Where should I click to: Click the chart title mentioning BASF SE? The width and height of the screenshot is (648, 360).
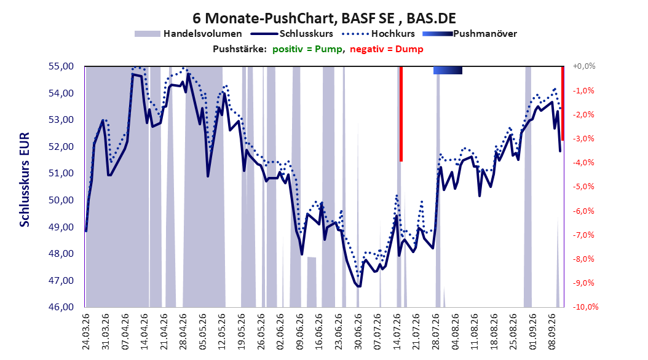point(324,18)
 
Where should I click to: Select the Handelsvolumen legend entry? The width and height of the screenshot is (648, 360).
point(188,34)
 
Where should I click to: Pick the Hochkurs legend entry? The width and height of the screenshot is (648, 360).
point(377,34)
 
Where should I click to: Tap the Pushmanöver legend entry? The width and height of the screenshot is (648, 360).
point(470,34)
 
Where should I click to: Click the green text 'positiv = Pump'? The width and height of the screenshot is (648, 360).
point(307,49)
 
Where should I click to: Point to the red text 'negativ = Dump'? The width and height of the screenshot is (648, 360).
point(387,49)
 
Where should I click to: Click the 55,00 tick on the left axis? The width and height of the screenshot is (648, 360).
point(61,66)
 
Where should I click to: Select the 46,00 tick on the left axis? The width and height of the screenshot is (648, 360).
point(61,307)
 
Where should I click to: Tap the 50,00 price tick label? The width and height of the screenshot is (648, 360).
point(61,200)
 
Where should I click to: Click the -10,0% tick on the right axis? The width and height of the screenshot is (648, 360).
point(585,307)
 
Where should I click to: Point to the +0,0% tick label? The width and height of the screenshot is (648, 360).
point(584,66)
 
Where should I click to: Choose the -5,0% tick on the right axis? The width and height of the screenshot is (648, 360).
point(583,187)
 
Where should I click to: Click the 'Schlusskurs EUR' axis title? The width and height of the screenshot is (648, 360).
point(25,179)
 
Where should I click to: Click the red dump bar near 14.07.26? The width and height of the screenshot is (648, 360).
point(401,114)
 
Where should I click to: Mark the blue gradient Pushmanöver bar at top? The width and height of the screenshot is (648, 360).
point(448,70)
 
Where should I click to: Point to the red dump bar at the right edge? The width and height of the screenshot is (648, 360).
point(563,103)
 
